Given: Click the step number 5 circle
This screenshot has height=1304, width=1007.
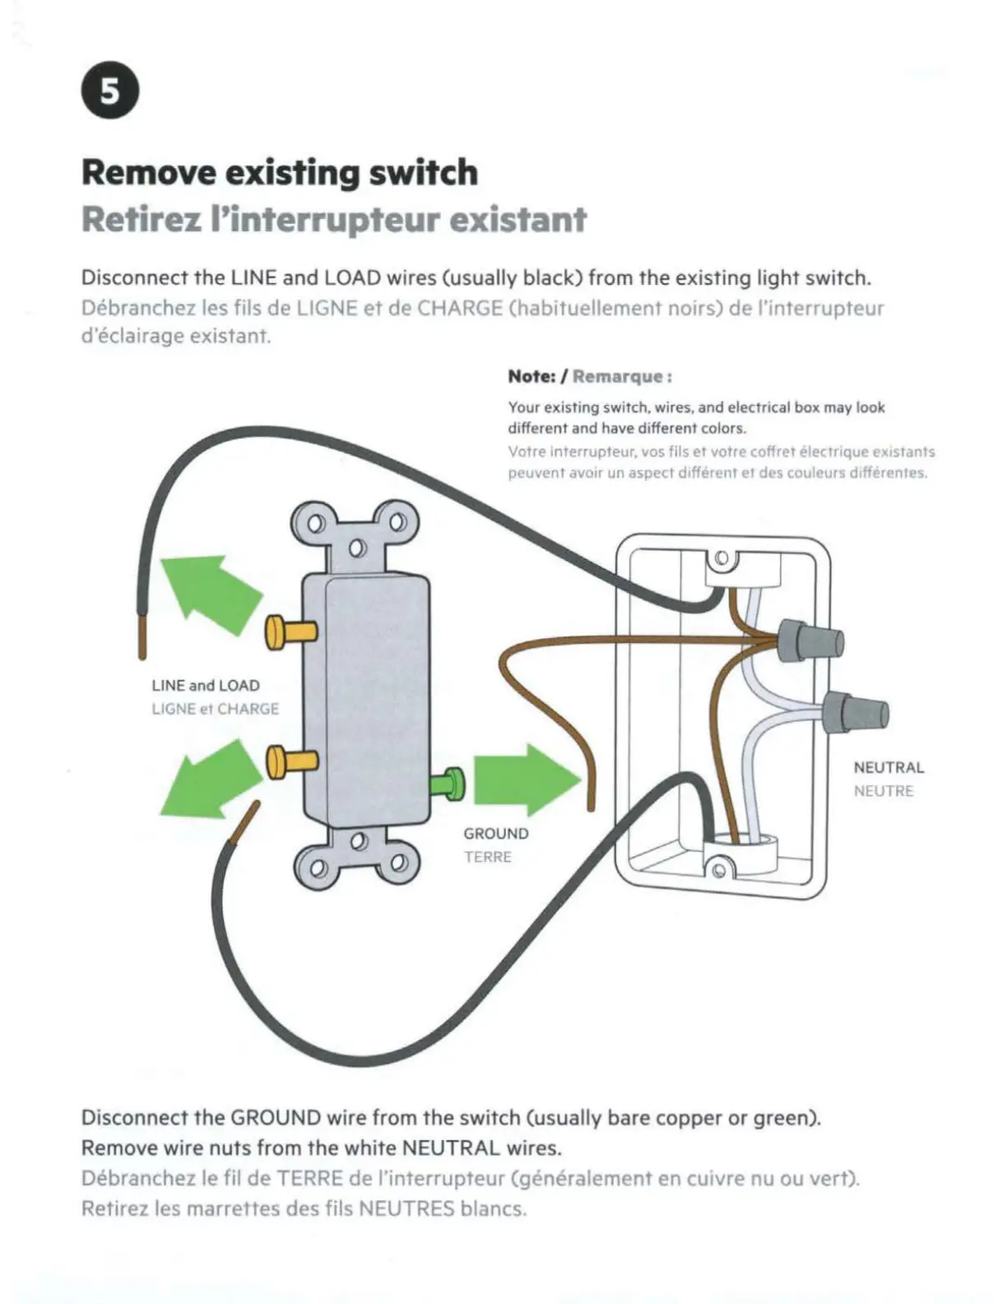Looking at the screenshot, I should [110, 91].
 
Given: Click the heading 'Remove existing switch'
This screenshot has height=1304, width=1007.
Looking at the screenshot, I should [279, 173].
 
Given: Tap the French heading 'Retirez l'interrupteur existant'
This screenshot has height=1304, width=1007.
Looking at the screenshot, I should [334, 220].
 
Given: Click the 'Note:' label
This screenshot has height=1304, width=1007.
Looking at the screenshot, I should [531, 376].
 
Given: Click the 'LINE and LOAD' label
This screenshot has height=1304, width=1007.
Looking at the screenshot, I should [206, 685].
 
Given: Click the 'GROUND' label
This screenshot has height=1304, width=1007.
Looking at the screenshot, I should [495, 833].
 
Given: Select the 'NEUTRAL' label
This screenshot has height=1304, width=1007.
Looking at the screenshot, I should [889, 767].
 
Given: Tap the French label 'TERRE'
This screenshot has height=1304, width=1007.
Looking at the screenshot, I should [487, 857].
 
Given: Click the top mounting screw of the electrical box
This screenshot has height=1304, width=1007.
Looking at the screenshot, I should [722, 558].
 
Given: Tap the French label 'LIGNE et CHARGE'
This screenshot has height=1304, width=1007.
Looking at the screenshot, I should [215, 709].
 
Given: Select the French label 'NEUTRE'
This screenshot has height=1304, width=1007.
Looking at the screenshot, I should [883, 791].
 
